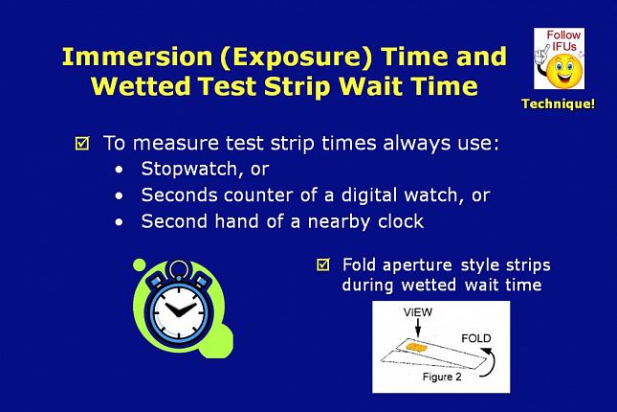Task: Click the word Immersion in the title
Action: click(137, 57)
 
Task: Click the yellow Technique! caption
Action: click(559, 103)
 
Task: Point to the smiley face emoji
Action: click(563, 71)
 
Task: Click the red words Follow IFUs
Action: click(563, 40)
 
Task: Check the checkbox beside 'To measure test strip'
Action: click(82, 143)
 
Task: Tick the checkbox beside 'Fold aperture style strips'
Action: click(323, 264)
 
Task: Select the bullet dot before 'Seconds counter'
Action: click(119, 196)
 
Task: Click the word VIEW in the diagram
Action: click(417, 312)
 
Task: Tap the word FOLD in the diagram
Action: click(475, 338)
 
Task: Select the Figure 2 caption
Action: click(442, 377)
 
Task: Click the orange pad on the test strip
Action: click(417, 347)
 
